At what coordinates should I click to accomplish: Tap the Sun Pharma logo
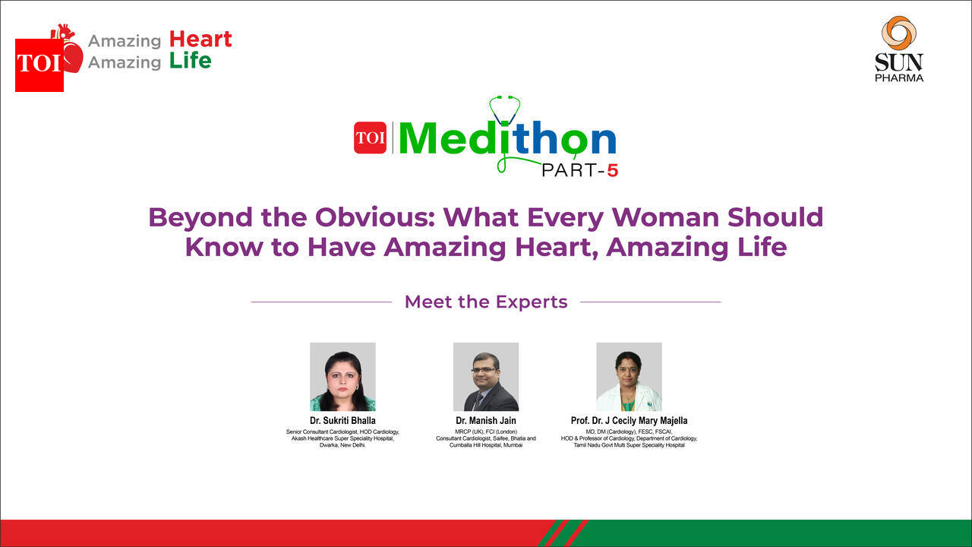tap(899, 49)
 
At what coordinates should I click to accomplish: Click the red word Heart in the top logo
tap(200, 39)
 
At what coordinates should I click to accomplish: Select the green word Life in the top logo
tap(190, 61)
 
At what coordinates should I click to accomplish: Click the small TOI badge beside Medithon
tap(370, 138)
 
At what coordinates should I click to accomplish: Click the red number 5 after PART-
tap(612, 171)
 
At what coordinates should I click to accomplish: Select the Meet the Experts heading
tap(486, 302)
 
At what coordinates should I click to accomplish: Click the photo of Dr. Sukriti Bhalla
tap(342, 376)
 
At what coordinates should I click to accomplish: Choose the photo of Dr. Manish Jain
tap(486, 376)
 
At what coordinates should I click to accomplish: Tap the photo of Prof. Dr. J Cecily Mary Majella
tap(629, 376)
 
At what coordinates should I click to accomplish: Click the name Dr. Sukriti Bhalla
tap(342, 420)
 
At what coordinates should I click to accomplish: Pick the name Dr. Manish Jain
tap(486, 420)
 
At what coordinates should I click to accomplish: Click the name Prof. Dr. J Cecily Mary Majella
tap(629, 420)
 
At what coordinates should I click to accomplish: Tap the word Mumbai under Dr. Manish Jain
tap(513, 445)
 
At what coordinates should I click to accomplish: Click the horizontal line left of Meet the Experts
tap(321, 302)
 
